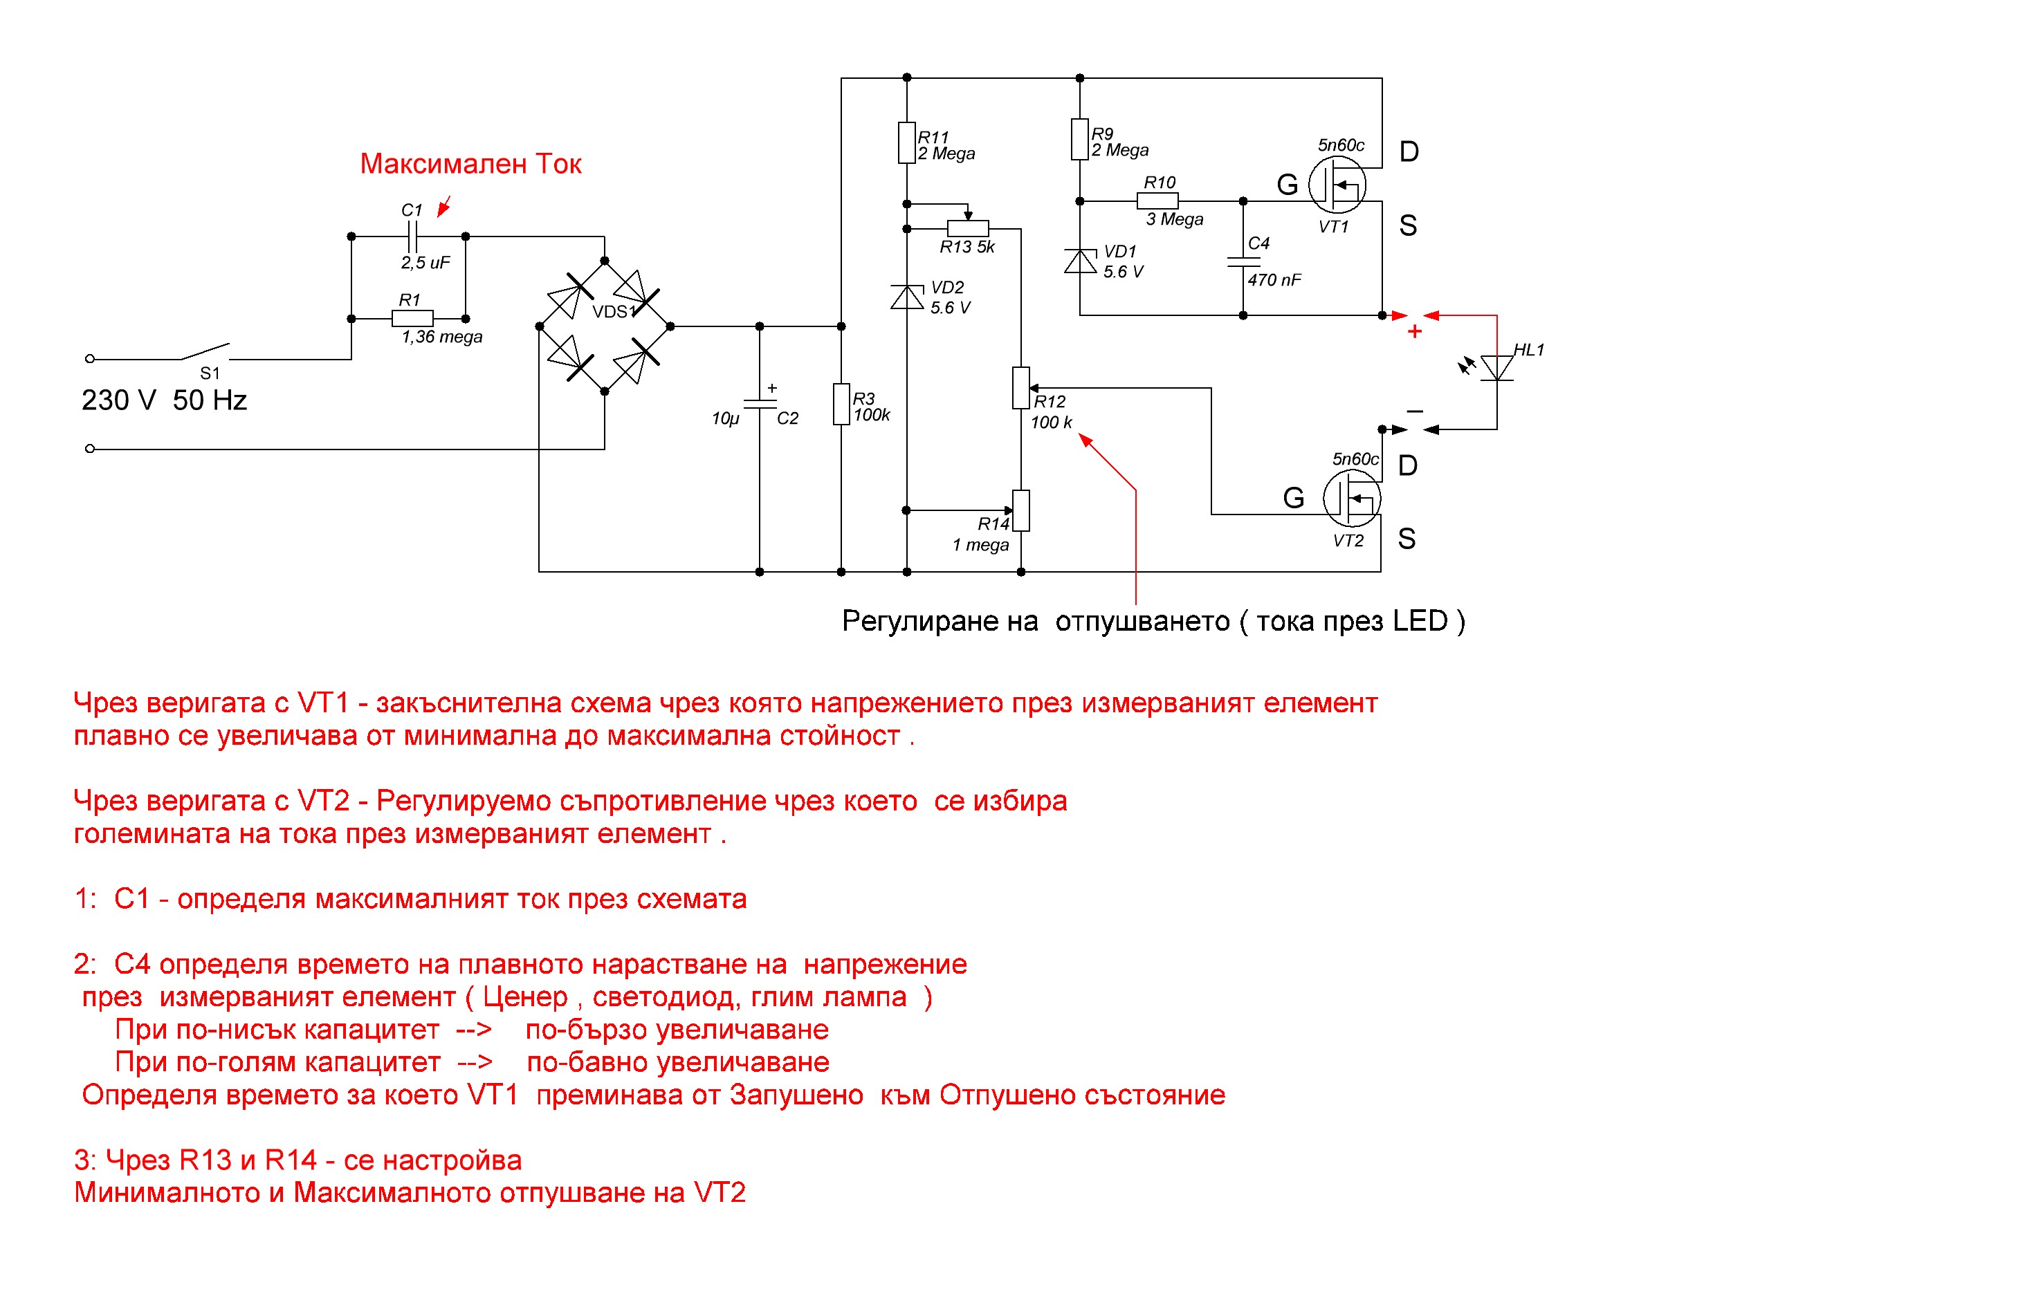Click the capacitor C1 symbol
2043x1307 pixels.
tap(412, 236)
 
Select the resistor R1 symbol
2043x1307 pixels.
tap(412, 318)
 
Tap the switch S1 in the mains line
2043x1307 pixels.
tap(204, 351)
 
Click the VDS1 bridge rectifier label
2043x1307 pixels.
tap(614, 311)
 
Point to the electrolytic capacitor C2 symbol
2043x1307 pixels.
tap(760, 404)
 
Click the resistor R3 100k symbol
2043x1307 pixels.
tap(841, 404)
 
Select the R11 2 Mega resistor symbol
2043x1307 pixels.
tap(907, 142)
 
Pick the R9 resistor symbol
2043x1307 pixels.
tap(1079, 139)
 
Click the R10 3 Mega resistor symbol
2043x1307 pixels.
tap(1157, 201)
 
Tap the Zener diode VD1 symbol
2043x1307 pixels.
tap(1080, 261)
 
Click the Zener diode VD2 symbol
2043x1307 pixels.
tap(907, 297)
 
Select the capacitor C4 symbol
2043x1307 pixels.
tap(1243, 261)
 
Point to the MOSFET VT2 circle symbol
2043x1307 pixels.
tap(1352, 498)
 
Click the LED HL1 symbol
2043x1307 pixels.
tap(1496, 367)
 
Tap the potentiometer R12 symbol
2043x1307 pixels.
tap(1020, 388)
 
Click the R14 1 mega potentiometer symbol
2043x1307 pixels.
tap(1020, 511)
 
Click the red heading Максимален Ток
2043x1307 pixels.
tap(470, 164)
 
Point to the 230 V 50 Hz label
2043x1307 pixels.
tap(164, 400)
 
